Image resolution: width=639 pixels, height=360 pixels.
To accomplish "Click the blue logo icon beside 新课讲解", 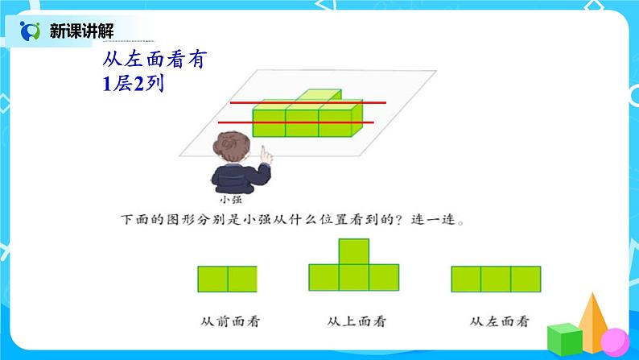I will click(x=30, y=31).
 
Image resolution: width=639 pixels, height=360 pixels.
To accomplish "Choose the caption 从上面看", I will click(x=355, y=321).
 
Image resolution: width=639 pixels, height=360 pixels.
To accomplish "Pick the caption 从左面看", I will click(x=497, y=321).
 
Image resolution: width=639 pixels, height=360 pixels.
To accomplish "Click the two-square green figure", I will click(x=227, y=279).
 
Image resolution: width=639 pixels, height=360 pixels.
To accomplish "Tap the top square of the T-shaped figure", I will click(x=355, y=251).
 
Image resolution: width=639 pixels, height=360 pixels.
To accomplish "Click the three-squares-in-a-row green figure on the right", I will click(x=497, y=279).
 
